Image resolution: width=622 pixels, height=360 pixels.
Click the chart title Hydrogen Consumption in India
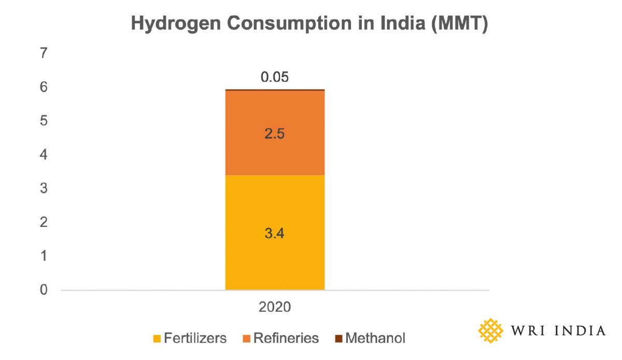(x=309, y=24)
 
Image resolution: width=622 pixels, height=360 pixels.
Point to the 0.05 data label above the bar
(x=275, y=77)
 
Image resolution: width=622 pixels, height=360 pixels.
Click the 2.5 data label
(x=275, y=134)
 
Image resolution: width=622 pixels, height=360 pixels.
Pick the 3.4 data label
(x=275, y=233)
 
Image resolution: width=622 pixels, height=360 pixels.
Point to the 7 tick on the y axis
(x=44, y=53)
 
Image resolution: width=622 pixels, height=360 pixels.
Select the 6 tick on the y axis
(x=44, y=87)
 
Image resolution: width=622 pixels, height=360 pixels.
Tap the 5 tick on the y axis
(x=44, y=121)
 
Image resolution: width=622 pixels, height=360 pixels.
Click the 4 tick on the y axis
(x=44, y=154)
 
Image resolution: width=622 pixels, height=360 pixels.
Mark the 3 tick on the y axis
(x=44, y=189)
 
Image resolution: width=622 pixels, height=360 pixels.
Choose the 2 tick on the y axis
(x=44, y=222)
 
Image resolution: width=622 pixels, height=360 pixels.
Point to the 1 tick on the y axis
(x=44, y=256)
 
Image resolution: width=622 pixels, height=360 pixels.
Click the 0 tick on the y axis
(x=44, y=290)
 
